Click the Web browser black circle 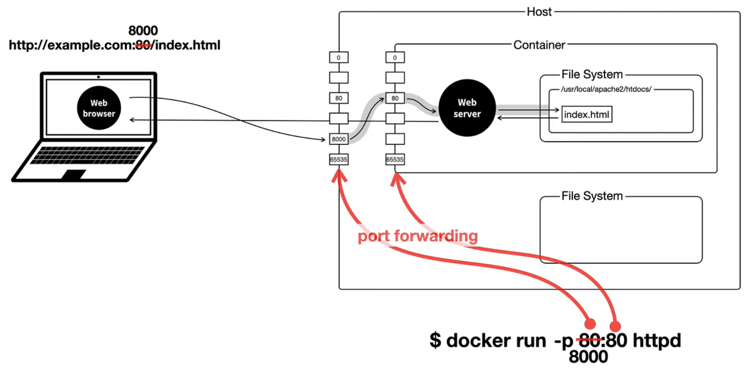coord(99,108)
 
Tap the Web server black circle coord(467,108)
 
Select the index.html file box coord(587,114)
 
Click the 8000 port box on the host coord(338,139)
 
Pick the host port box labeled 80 coord(338,98)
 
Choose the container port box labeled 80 coord(395,98)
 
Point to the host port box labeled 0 coord(338,58)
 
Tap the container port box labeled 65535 coord(395,159)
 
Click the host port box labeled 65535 coord(338,159)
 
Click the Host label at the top coord(539,12)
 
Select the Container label coord(539,45)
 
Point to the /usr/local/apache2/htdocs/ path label coord(606,89)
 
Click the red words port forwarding coord(418,236)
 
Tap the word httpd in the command coord(657,340)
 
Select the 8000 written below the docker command coord(588,357)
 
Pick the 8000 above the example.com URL coord(143,30)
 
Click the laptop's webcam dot coord(98,77)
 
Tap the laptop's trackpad coord(74,174)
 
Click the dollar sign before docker coord(435,340)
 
